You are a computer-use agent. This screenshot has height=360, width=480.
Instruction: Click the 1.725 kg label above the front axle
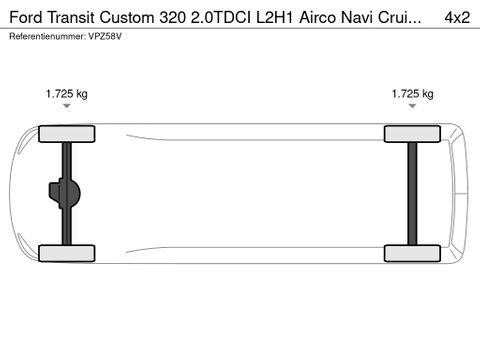coord(66,94)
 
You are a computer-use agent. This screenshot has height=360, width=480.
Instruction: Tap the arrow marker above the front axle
coord(66,106)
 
